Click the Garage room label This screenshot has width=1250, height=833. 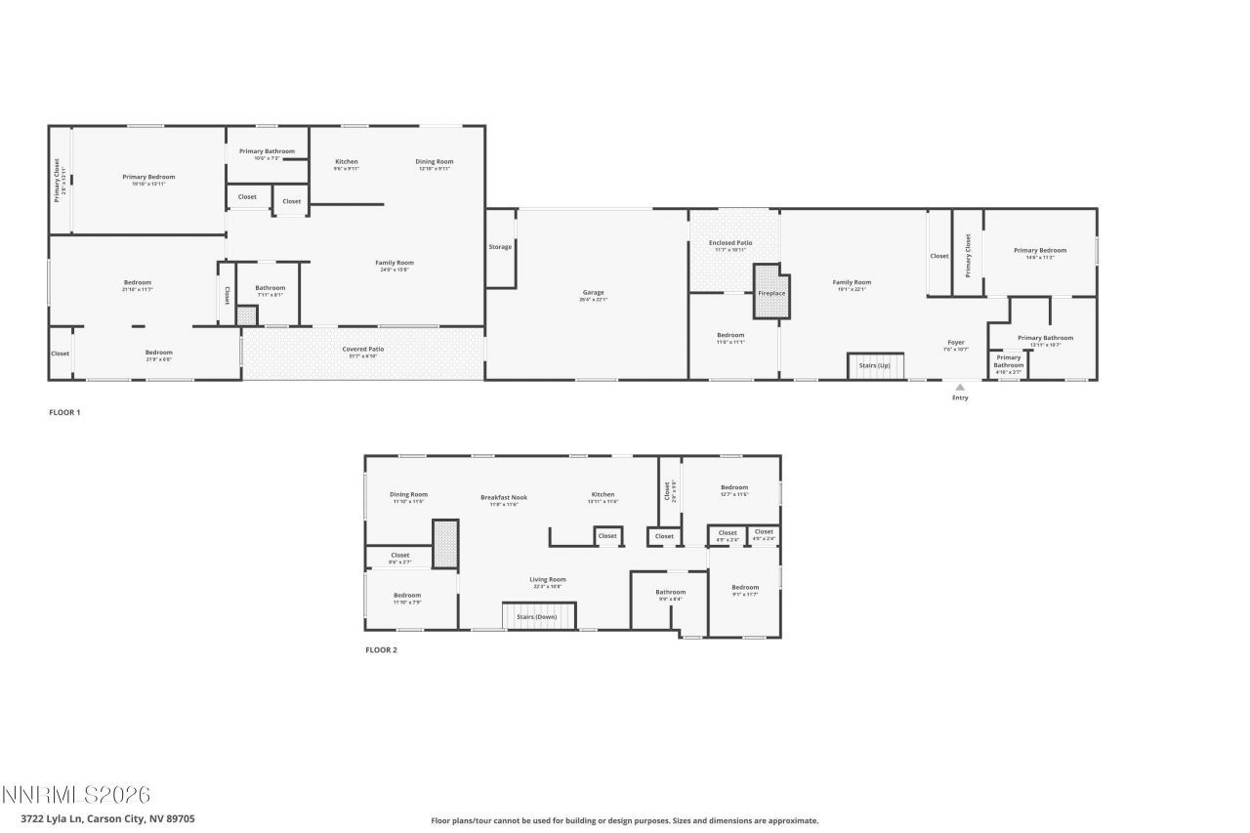click(x=594, y=293)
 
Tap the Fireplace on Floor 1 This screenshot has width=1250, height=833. click(x=771, y=293)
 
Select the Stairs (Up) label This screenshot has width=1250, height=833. click(x=874, y=365)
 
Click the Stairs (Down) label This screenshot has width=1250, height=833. click(x=538, y=617)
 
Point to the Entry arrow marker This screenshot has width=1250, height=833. click(x=960, y=387)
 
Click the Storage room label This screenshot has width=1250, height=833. click(x=500, y=247)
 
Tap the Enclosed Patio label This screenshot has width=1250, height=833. click(x=730, y=243)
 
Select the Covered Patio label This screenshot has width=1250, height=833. click(x=362, y=349)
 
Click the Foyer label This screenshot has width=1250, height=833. click(x=956, y=343)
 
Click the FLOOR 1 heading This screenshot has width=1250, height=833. click(x=64, y=412)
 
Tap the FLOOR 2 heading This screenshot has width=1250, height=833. click(x=381, y=649)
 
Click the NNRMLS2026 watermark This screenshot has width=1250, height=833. click(x=76, y=795)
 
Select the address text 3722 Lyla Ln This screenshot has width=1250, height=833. click(x=107, y=818)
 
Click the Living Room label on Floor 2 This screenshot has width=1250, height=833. click(x=548, y=579)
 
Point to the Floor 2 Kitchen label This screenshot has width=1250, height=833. click(x=603, y=494)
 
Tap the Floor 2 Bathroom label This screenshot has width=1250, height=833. click(x=670, y=592)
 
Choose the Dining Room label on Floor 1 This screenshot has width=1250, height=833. click(x=435, y=161)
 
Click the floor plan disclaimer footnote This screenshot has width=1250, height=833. click(x=625, y=821)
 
